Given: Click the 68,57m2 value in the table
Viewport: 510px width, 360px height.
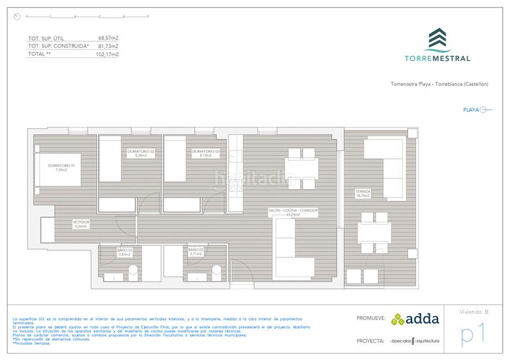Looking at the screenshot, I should [x=108, y=38].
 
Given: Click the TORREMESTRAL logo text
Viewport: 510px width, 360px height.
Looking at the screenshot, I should [x=437, y=58].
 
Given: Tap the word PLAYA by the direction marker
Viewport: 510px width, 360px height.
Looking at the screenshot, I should [x=470, y=110].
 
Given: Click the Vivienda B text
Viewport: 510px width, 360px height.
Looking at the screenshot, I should [x=474, y=312].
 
